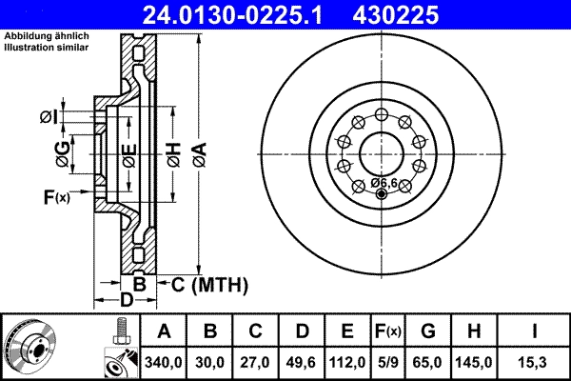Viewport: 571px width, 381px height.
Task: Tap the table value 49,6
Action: click(302, 361)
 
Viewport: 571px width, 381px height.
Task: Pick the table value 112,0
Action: click(347, 361)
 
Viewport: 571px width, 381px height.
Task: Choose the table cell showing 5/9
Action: click(389, 361)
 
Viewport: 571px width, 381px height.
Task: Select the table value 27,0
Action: click(256, 361)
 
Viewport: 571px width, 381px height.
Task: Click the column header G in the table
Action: click(429, 332)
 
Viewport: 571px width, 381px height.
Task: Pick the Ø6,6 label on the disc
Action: click(384, 182)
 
